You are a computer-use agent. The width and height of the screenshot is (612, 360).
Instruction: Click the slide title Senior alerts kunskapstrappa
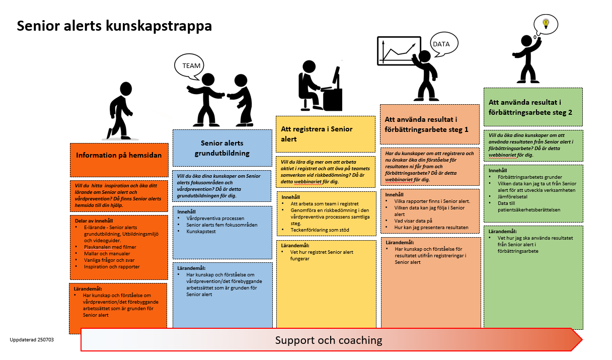[x=114, y=26]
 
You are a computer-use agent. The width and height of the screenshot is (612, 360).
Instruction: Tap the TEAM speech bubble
[x=191, y=66]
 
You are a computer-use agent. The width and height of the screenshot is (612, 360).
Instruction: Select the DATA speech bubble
[x=441, y=44]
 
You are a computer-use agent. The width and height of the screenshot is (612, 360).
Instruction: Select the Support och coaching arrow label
[x=328, y=340]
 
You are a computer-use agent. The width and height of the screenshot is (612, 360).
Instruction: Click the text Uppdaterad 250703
[x=32, y=340]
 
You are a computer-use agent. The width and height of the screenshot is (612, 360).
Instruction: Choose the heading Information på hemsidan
[x=119, y=155]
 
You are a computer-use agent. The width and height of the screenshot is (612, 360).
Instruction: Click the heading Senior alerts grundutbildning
[x=222, y=148]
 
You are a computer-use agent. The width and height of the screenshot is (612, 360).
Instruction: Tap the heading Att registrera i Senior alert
[x=317, y=133]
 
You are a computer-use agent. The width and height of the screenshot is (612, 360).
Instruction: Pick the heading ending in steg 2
[x=530, y=107]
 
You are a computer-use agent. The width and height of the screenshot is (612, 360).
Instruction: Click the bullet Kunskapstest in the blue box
[x=201, y=231]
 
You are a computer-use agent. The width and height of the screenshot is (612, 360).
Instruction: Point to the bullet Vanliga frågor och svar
[x=109, y=260]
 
